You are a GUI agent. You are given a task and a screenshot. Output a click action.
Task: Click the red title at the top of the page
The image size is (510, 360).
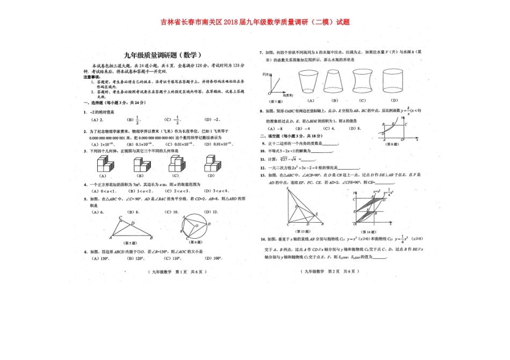[x=255, y=23]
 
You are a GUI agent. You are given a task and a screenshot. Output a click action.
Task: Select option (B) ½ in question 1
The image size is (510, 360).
[x=133, y=120]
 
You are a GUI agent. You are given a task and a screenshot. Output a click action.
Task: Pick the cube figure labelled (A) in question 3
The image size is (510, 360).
[x=104, y=164]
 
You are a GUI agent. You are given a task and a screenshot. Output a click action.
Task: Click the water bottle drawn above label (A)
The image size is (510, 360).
[x=310, y=81]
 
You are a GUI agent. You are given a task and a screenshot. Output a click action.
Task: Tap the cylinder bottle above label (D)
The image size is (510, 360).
[x=395, y=81]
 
